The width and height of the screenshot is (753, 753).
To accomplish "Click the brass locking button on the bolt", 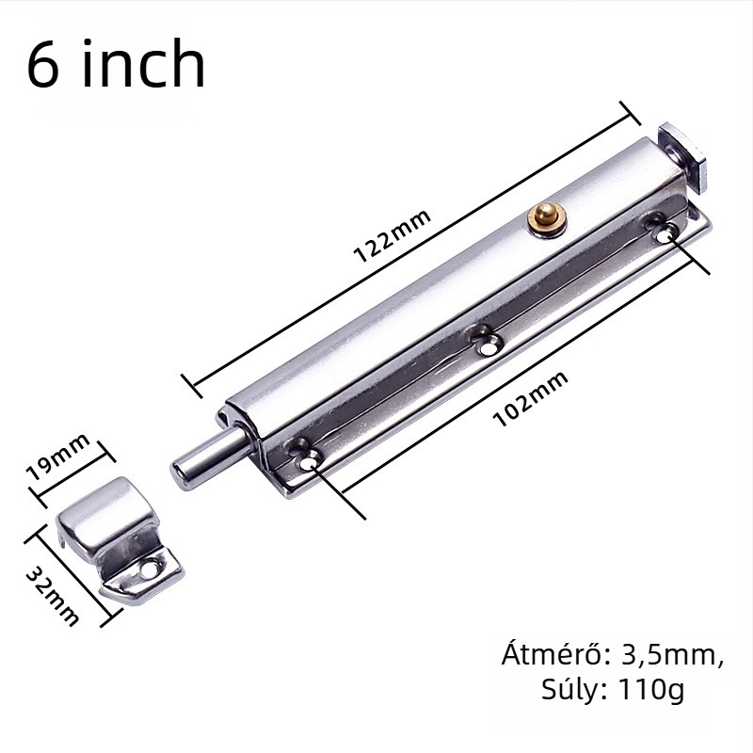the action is pyautogui.click(x=548, y=219).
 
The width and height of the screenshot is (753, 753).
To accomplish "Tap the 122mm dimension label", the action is pyautogui.click(x=392, y=236).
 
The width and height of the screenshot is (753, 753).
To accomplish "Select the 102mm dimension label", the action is pyautogui.click(x=530, y=399).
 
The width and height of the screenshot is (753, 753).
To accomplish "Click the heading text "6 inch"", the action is pyautogui.click(x=116, y=64).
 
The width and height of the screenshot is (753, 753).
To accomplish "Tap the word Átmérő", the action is pyautogui.click(x=556, y=654).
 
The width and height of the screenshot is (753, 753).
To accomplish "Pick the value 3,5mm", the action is pyautogui.click(x=672, y=655).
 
